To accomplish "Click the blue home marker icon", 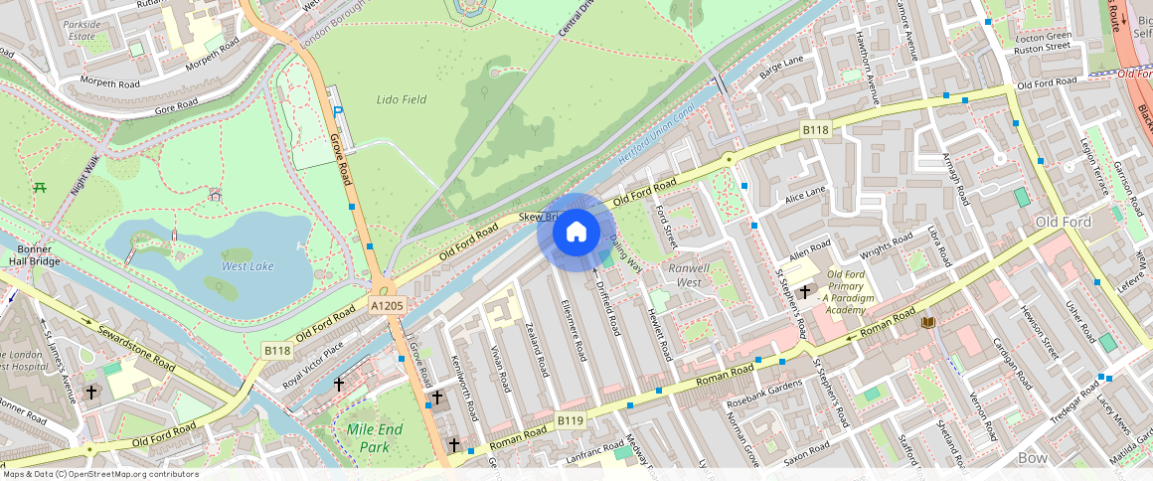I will [576, 233].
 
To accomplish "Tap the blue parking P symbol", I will [338, 114].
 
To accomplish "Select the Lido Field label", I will [402, 99].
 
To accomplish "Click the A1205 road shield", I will [387, 306].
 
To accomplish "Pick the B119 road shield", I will [570, 421].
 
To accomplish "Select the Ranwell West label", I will [689, 275].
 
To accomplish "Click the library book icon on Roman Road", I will [929, 322].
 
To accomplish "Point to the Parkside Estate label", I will [82, 29].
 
